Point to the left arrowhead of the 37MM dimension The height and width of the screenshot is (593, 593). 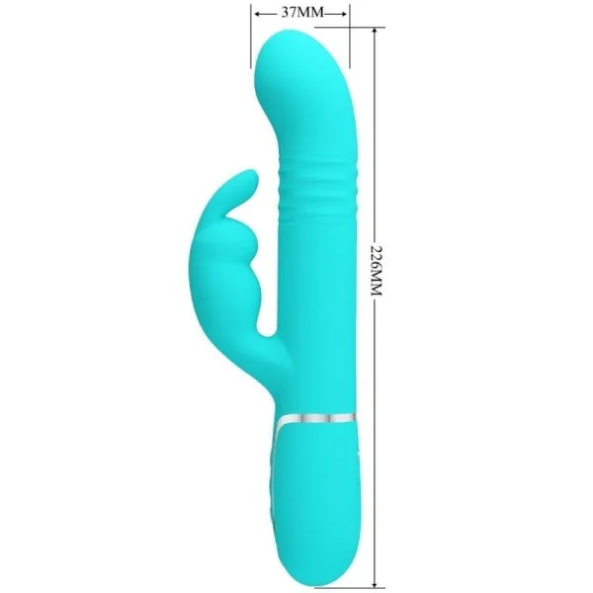pyautogui.click(x=255, y=15)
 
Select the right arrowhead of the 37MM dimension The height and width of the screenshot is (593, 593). pyautogui.click(x=346, y=15)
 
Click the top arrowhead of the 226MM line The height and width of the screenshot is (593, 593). pyautogui.click(x=375, y=34)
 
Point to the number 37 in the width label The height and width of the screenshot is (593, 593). pyautogui.click(x=290, y=14)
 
